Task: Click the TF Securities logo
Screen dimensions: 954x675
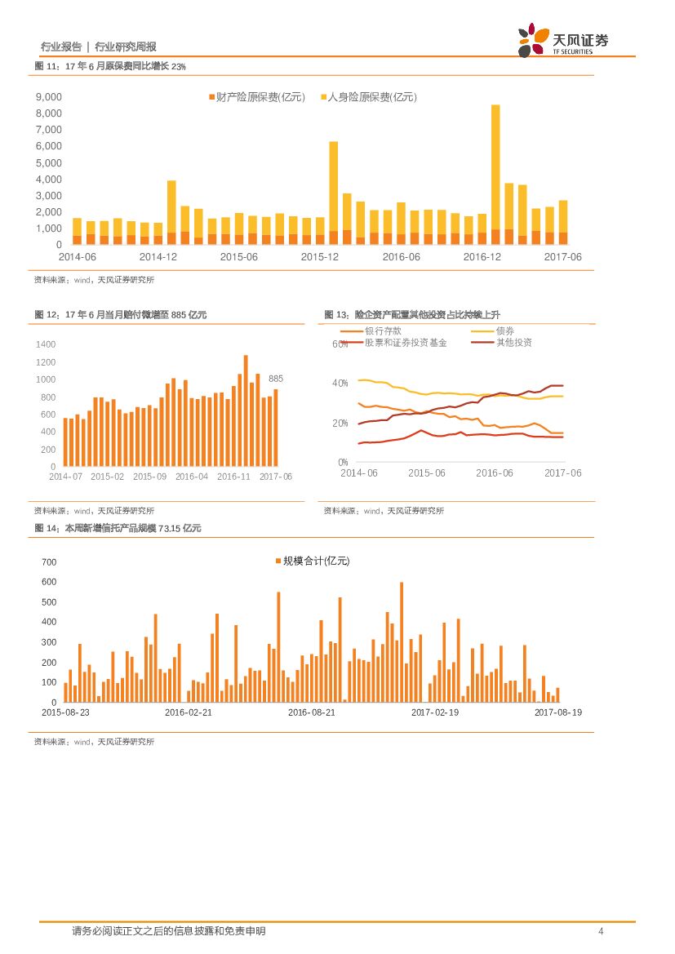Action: point(563,40)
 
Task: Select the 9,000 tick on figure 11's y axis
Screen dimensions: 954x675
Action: point(48,96)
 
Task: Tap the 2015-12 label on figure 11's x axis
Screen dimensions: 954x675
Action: point(320,256)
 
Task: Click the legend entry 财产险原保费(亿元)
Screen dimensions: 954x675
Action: point(256,97)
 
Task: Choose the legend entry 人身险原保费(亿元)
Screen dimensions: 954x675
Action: point(367,97)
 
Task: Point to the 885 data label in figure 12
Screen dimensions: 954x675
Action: point(276,379)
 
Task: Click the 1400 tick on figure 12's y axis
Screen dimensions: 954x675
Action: point(46,344)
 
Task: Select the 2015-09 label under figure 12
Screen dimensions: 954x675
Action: point(149,476)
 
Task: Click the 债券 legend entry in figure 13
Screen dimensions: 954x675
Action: point(504,331)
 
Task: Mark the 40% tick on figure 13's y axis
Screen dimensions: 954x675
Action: point(340,383)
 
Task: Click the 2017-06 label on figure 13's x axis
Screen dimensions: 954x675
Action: point(562,473)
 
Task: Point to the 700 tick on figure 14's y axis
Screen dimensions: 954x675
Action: point(49,562)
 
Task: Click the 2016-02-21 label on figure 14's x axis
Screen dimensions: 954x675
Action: point(189,712)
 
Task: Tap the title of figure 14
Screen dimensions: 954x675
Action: point(118,528)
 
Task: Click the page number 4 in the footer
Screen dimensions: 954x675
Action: point(601,931)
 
